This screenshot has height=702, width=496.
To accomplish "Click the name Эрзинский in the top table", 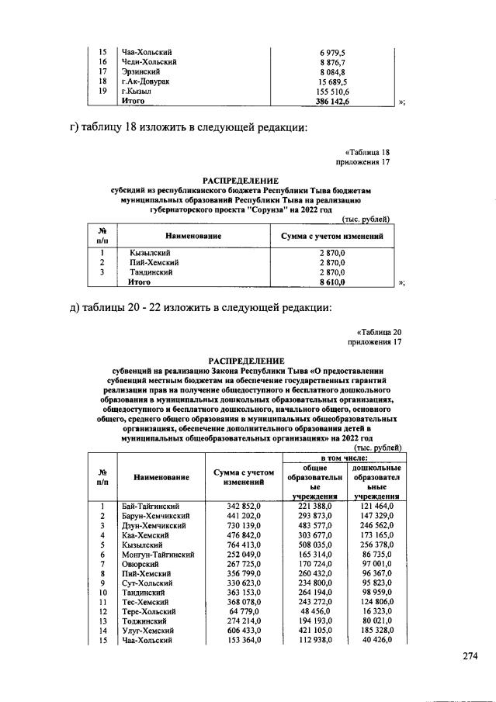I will (141, 71).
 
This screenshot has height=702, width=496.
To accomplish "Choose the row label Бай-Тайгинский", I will (151, 506).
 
